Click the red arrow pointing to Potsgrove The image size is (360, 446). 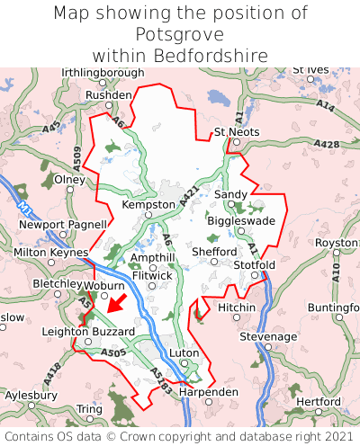115,302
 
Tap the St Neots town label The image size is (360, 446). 236,132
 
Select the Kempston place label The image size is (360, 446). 148,205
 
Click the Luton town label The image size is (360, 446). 184,353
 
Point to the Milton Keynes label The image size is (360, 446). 50,254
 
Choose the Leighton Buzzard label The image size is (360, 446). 88,332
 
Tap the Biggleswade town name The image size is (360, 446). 241,220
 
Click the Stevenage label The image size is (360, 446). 267,336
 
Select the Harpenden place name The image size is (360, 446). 209,393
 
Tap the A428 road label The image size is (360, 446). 326,144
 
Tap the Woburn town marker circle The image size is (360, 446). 105,295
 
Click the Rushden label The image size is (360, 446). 108,94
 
